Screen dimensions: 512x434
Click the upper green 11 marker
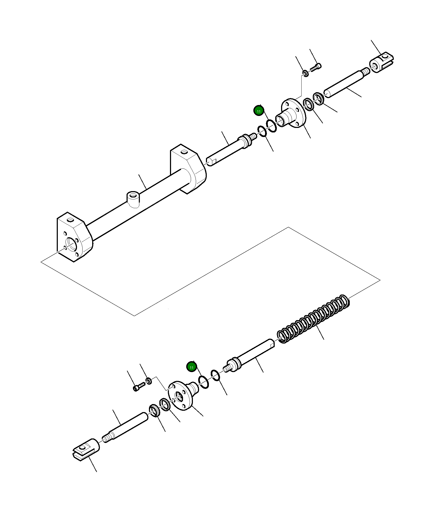(258, 111)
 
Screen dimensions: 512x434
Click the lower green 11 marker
(191, 367)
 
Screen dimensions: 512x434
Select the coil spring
(313, 319)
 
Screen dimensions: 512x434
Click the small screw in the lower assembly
(139, 386)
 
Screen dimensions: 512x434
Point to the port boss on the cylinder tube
(133, 199)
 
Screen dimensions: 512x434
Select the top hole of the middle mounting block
(184, 152)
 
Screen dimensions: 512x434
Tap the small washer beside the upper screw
(306, 73)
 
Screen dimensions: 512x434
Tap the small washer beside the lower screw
(149, 381)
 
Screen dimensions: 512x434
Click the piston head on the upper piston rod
(245, 140)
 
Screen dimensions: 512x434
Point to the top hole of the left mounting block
(70, 220)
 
